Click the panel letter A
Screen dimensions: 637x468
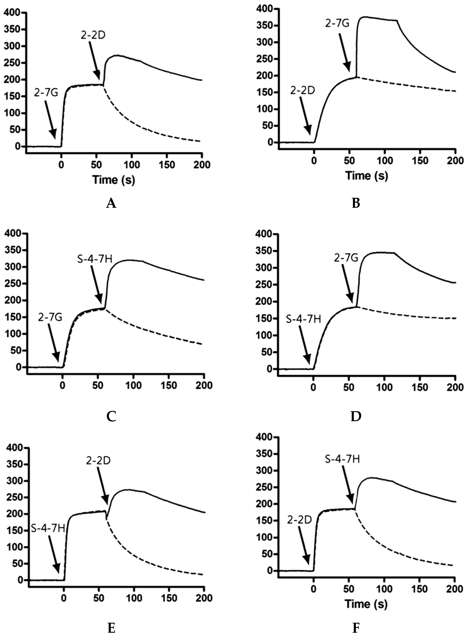coord(111,203)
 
